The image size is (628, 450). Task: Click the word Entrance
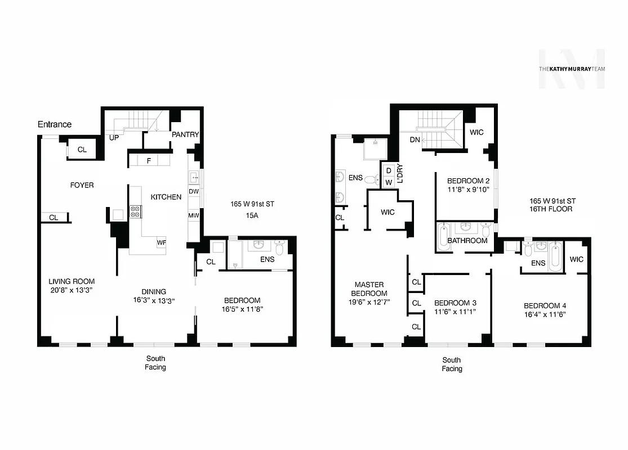[55, 124]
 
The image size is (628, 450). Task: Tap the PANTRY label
[185, 135]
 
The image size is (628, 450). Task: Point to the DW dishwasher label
[194, 192]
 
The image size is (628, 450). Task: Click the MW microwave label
[194, 215]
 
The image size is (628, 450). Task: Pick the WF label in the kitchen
[162, 243]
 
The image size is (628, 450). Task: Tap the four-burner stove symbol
[136, 211]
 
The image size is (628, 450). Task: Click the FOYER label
[82, 185]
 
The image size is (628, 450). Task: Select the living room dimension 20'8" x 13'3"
[71, 290]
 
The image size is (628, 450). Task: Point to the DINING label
[154, 291]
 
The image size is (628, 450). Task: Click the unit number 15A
[252, 215]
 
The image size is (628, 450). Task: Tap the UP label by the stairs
[114, 138]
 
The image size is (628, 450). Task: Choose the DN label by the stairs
[415, 139]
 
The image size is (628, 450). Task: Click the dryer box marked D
[388, 170]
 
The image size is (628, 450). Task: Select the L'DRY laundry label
[400, 175]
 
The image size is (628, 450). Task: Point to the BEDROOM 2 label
[465, 181]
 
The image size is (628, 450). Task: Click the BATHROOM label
[467, 241]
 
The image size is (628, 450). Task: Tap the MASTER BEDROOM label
[369, 289]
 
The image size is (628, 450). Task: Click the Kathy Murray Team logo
[572, 69]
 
